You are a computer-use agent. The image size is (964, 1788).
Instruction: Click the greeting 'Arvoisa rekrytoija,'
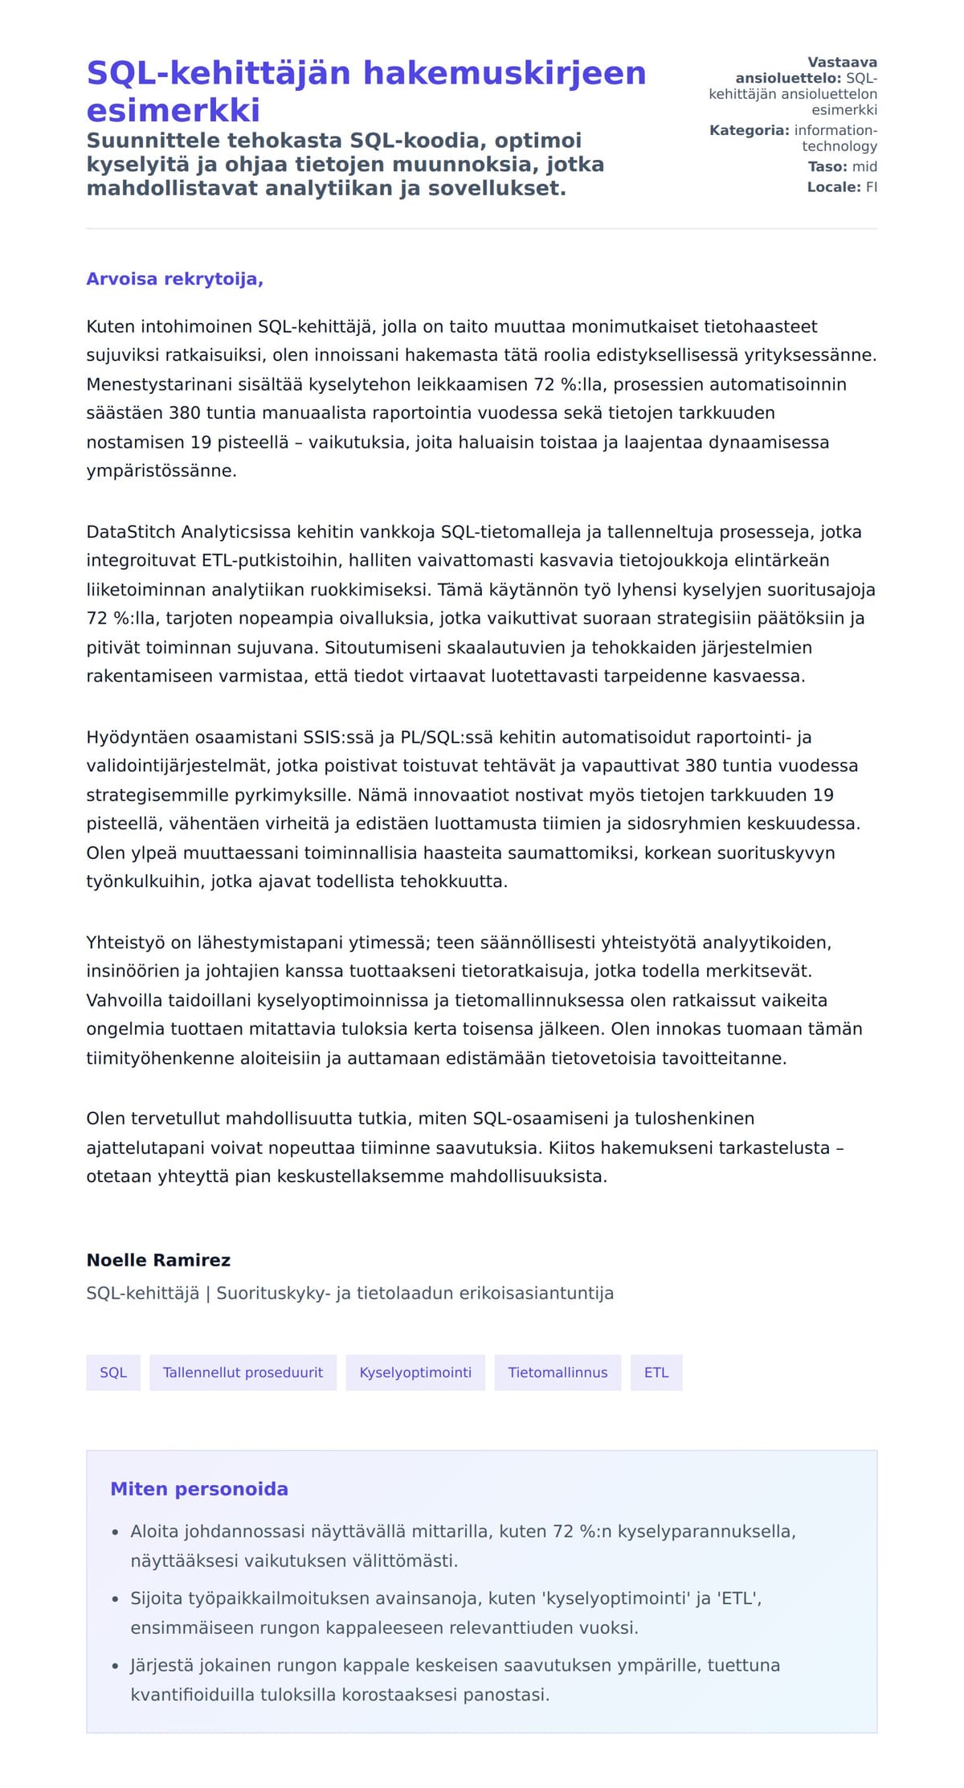[174, 279]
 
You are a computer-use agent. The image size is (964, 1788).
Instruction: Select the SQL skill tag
[113, 1372]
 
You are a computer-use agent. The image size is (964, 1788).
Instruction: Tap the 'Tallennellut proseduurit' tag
[243, 1372]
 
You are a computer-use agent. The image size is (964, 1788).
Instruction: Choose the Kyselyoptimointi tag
[415, 1372]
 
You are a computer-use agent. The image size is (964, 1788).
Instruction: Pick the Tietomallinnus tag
[558, 1372]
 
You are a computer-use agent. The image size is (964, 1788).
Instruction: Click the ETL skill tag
[656, 1372]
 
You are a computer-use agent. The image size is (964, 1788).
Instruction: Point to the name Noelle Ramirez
[158, 1259]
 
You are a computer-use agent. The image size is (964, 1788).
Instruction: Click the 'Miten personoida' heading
[199, 1488]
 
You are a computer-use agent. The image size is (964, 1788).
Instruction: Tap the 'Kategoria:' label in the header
[749, 130]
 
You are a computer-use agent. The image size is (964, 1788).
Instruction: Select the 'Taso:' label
[827, 166]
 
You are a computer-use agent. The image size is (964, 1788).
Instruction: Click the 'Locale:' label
[834, 187]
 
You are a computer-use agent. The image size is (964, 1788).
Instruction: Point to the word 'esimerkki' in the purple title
[174, 110]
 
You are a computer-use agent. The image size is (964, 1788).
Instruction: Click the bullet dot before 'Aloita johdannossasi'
[116, 1532]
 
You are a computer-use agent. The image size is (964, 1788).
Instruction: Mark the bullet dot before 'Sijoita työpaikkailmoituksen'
[116, 1599]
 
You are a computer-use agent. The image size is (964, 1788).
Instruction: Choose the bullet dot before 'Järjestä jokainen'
[116, 1666]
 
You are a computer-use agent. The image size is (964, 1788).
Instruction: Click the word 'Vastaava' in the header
[842, 63]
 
